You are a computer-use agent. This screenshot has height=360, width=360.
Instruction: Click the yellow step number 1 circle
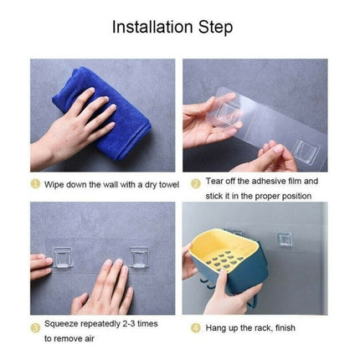[x=35, y=181]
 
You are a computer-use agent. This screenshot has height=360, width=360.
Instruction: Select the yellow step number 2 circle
[x=194, y=181]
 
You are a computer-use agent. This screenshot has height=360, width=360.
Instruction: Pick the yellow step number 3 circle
[x=35, y=327]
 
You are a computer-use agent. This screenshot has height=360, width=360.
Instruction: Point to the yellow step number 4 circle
[x=194, y=327]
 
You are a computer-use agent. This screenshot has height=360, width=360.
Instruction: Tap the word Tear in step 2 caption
[x=214, y=181]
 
